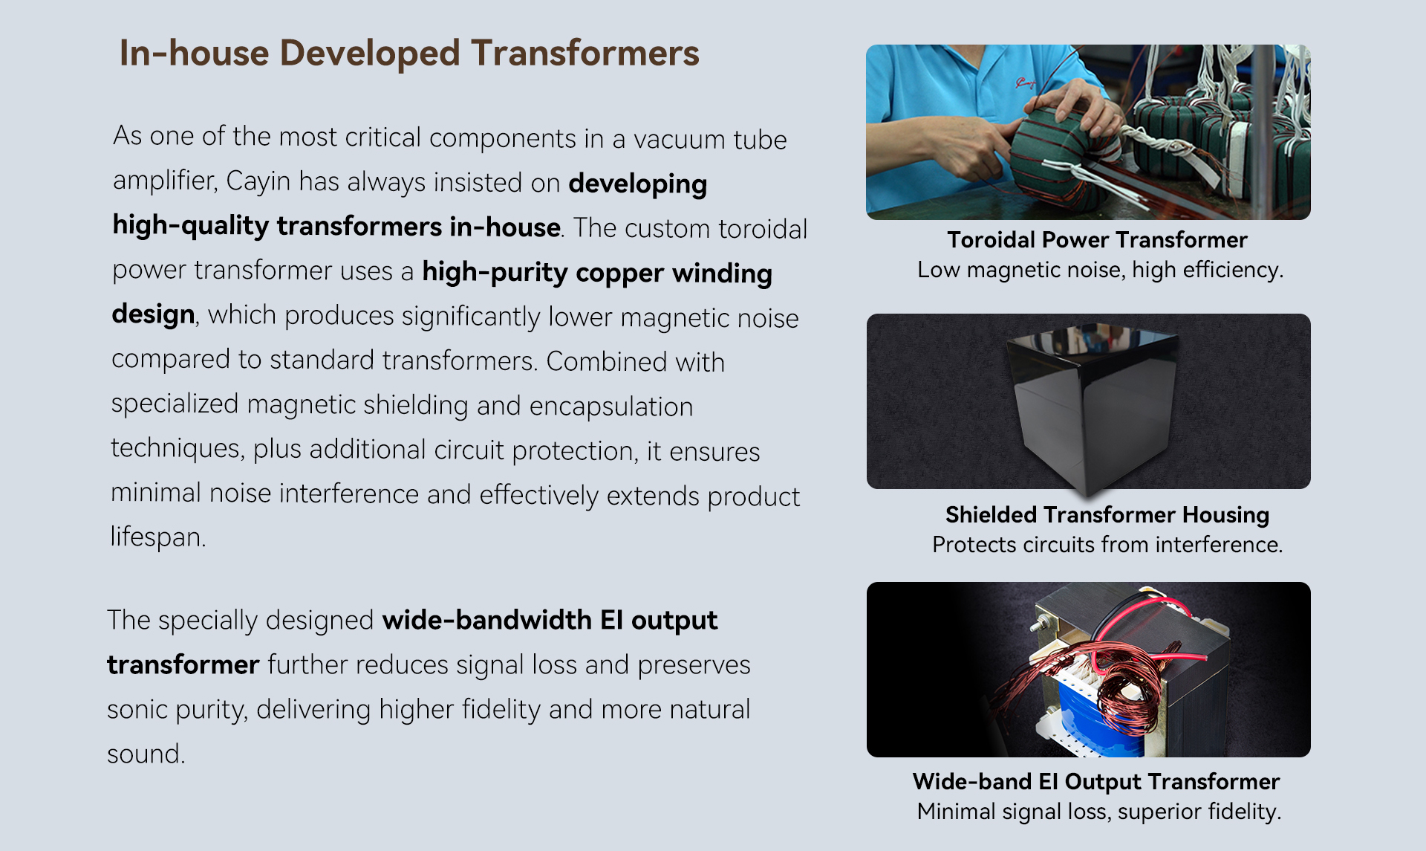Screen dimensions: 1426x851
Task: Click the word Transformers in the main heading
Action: pyautogui.click(x=585, y=54)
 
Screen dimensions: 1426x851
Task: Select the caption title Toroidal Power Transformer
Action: pyautogui.click(x=1097, y=240)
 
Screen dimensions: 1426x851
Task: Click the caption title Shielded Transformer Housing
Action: pyautogui.click(x=1107, y=515)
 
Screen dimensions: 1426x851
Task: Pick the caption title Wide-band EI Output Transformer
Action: pyautogui.click(x=1096, y=782)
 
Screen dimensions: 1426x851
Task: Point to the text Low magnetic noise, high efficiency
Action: pyautogui.click(x=1100, y=270)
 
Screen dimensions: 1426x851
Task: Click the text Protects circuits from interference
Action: pyautogui.click(x=1107, y=545)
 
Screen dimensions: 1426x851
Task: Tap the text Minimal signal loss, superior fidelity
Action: pyautogui.click(x=1099, y=812)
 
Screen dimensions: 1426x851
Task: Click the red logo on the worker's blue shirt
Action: pyautogui.click(x=1026, y=84)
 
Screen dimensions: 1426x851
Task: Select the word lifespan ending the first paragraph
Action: pyautogui.click(x=158, y=537)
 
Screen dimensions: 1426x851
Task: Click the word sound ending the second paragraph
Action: pyautogui.click(x=146, y=754)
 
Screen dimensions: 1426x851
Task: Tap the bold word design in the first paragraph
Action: pyautogui.click(x=154, y=315)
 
